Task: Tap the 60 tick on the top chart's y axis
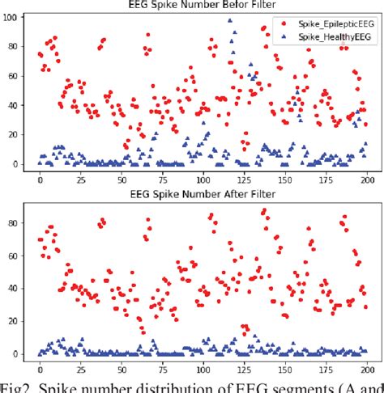(14, 75)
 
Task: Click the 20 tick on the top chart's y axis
(14, 134)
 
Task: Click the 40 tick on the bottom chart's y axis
(14, 288)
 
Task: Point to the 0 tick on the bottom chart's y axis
(17, 354)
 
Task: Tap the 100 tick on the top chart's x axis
(203, 180)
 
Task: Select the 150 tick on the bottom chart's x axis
(284, 369)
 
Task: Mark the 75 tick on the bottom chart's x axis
(162, 369)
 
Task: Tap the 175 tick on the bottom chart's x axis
(325, 369)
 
